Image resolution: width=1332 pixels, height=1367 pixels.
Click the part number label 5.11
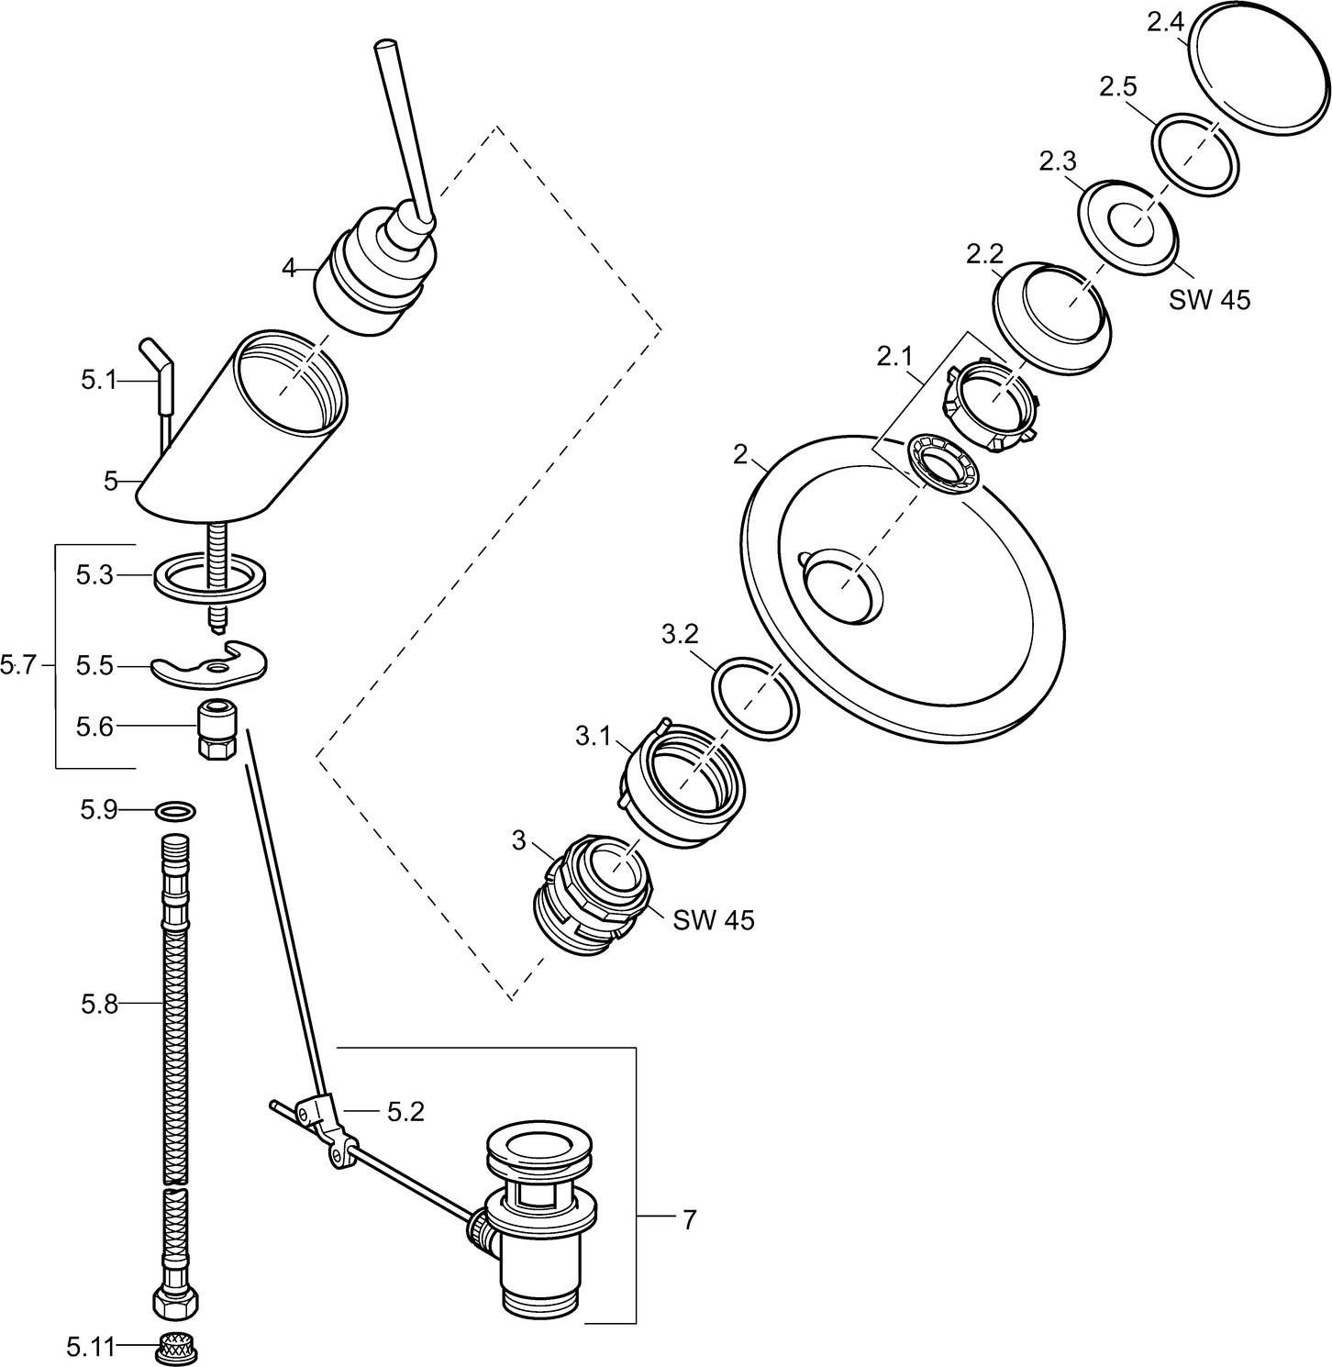90,1348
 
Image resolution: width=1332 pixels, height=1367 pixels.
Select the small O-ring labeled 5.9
175,810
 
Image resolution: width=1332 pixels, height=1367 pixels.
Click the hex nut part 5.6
217,728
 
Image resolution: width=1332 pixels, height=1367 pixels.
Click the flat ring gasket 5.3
209,578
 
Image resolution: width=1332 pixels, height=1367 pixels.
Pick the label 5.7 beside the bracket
18,666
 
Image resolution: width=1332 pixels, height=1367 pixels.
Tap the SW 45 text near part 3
714,919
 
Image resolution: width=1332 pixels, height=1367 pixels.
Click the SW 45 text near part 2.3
1209,299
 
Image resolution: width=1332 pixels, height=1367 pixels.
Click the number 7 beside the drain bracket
689,1219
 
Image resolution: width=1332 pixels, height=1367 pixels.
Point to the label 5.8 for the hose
100,1005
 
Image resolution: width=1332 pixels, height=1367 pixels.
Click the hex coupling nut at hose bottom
176,1302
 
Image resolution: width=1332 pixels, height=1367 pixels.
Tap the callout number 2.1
896,358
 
